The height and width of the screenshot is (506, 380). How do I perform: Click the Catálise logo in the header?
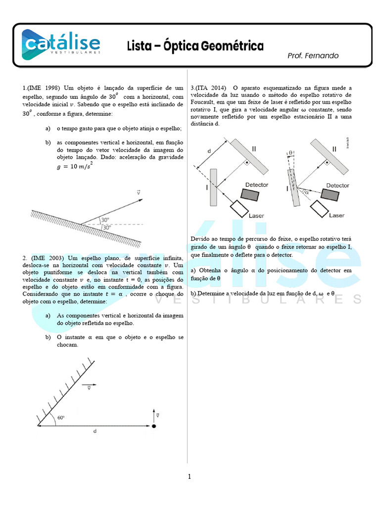click(60, 43)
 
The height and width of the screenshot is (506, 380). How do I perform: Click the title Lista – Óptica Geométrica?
click(195, 46)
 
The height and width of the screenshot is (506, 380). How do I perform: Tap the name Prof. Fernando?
click(313, 56)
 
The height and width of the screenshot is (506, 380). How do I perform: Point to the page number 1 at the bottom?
click(189, 477)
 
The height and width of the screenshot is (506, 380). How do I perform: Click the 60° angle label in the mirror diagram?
click(61, 417)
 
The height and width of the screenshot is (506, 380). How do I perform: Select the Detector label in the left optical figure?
click(256, 185)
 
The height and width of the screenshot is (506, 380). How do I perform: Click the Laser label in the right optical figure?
click(337, 215)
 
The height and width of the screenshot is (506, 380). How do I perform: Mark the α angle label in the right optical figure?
click(307, 193)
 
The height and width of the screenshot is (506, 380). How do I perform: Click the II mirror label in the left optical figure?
click(254, 148)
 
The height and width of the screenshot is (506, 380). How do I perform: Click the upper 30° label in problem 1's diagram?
click(105, 220)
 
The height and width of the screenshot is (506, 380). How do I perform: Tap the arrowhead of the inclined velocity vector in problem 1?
click(141, 200)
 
